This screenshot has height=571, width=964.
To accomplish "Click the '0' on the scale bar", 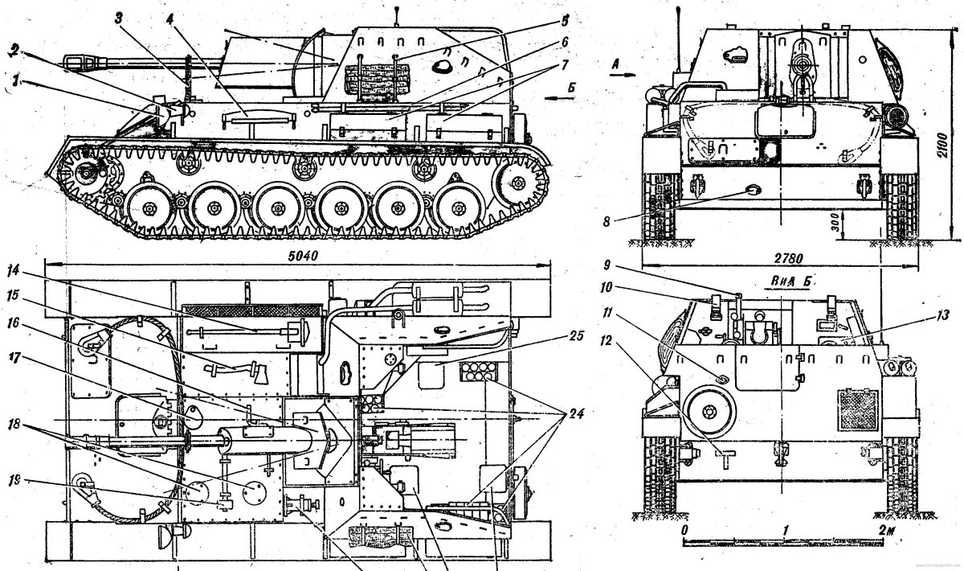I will coord(684,531).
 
